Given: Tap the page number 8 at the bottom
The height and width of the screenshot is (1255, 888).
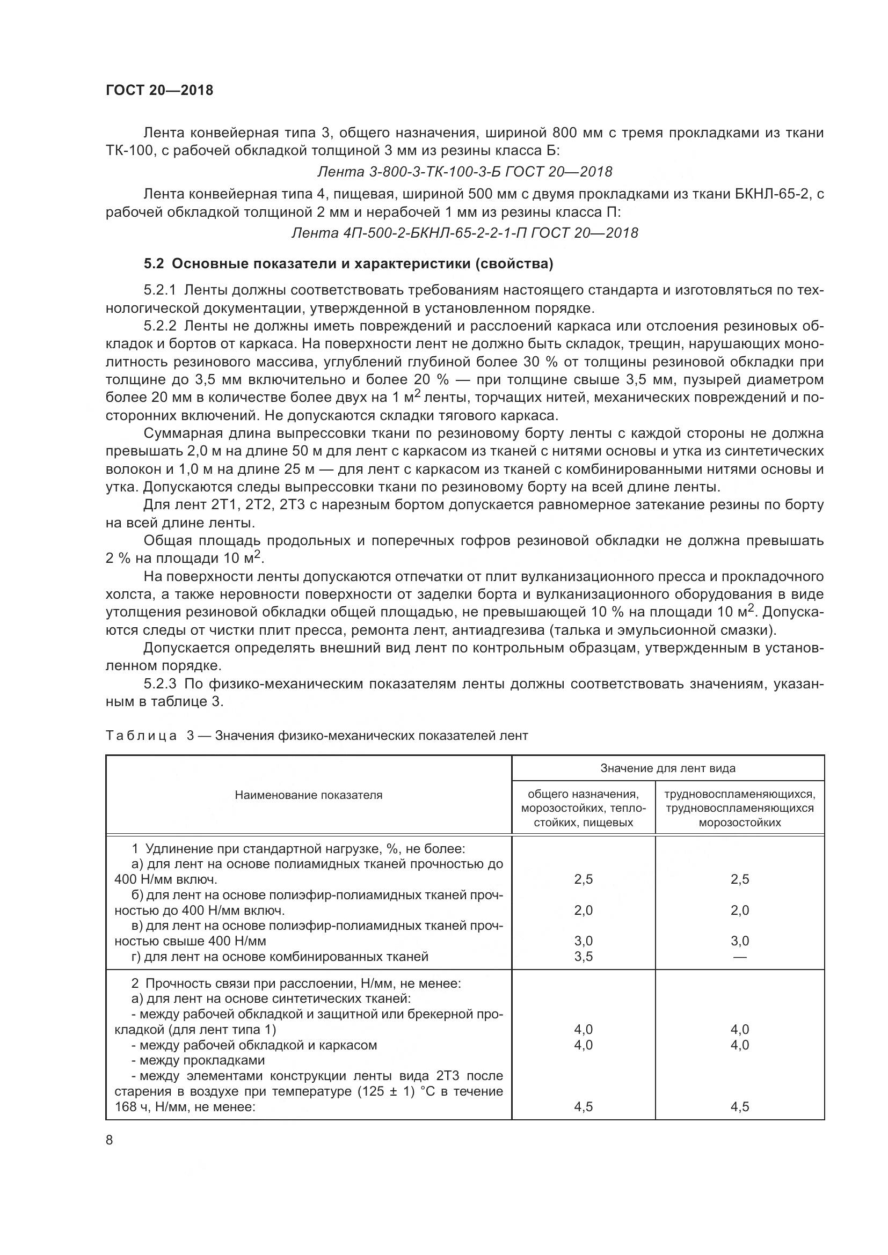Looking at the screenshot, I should coord(110,1140).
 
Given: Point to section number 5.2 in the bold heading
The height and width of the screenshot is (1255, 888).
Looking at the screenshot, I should coord(153,264).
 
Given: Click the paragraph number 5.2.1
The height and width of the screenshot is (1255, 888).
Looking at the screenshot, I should coord(159,290).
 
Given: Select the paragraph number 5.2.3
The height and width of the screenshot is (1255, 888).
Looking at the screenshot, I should coord(159,684).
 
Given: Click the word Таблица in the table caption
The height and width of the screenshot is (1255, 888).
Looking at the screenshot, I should coord(141,736).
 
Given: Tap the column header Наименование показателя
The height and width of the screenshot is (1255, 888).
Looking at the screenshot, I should coord(308,795).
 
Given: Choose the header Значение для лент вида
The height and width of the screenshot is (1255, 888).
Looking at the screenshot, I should coord(668,768).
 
